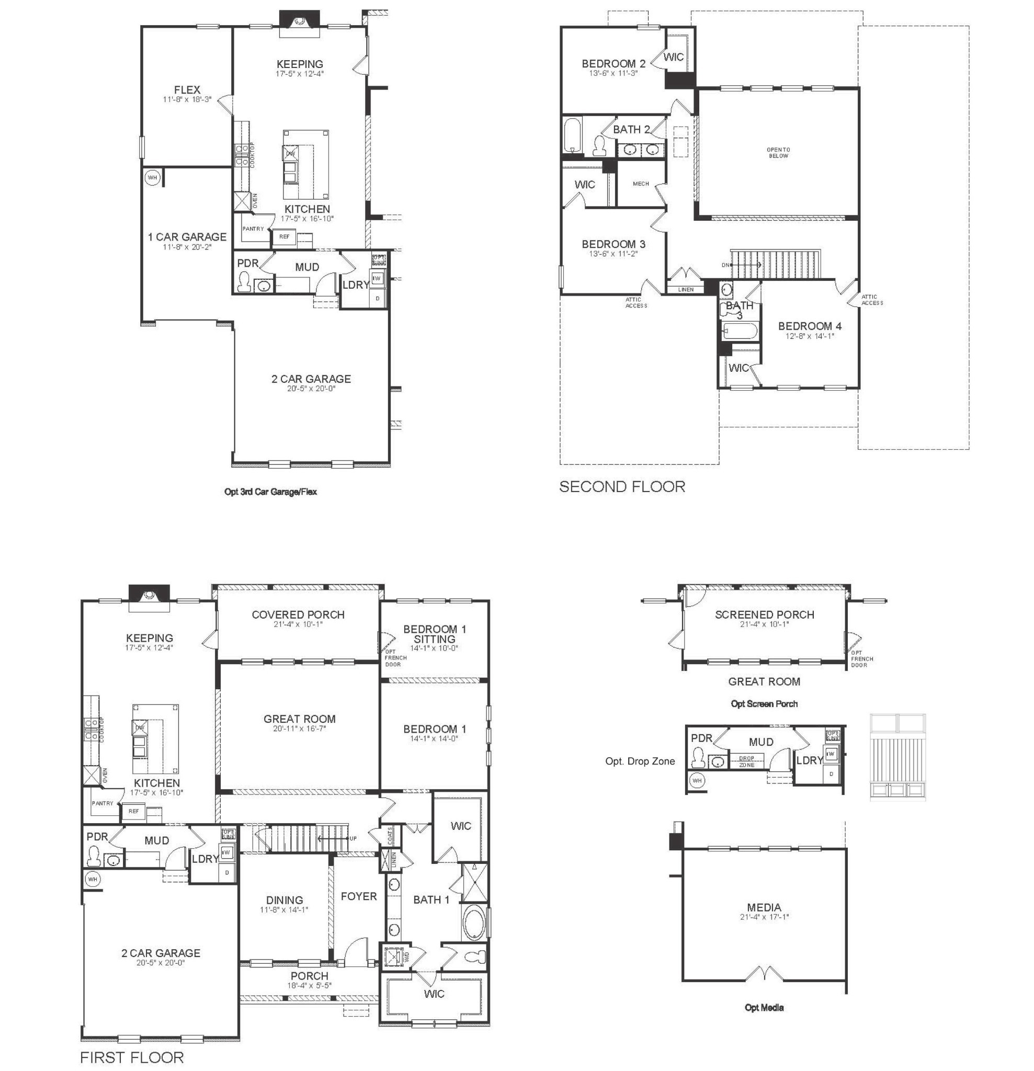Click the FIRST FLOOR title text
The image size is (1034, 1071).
tap(132, 1057)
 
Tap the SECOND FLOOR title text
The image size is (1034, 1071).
tap(621, 486)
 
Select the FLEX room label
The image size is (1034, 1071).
tap(187, 89)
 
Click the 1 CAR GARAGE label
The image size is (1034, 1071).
tap(187, 236)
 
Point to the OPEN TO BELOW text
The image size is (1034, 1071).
tap(778, 153)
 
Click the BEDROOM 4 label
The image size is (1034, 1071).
tap(810, 326)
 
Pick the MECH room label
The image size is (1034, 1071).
tap(641, 184)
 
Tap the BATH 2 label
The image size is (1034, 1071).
tap(631, 130)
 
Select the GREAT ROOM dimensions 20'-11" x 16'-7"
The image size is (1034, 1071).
tap(299, 728)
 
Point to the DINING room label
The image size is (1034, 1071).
tap(284, 899)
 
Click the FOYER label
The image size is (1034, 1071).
tap(358, 896)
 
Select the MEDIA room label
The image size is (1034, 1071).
tap(764, 907)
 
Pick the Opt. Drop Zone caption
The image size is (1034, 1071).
tap(640, 761)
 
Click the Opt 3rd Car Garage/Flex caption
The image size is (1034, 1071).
tap(270, 491)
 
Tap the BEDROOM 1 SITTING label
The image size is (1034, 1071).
tap(435, 634)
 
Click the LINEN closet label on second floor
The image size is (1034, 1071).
tap(685, 290)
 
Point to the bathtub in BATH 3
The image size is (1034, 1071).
tap(740, 330)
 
